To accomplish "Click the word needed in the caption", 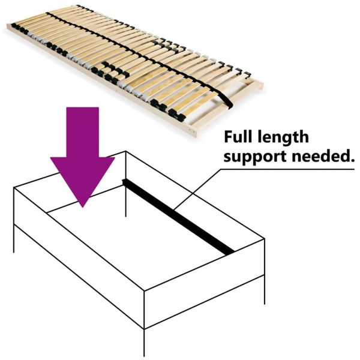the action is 319,156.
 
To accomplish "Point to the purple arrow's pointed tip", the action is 83,207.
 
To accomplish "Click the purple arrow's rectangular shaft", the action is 83,132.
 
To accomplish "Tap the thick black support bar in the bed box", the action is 178,217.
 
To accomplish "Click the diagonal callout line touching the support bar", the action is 197,190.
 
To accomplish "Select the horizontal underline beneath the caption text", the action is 287,169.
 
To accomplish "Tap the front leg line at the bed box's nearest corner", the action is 144,342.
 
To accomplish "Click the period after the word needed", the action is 350,160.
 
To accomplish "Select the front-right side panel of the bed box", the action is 205,284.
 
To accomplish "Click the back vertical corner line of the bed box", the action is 126,184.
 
